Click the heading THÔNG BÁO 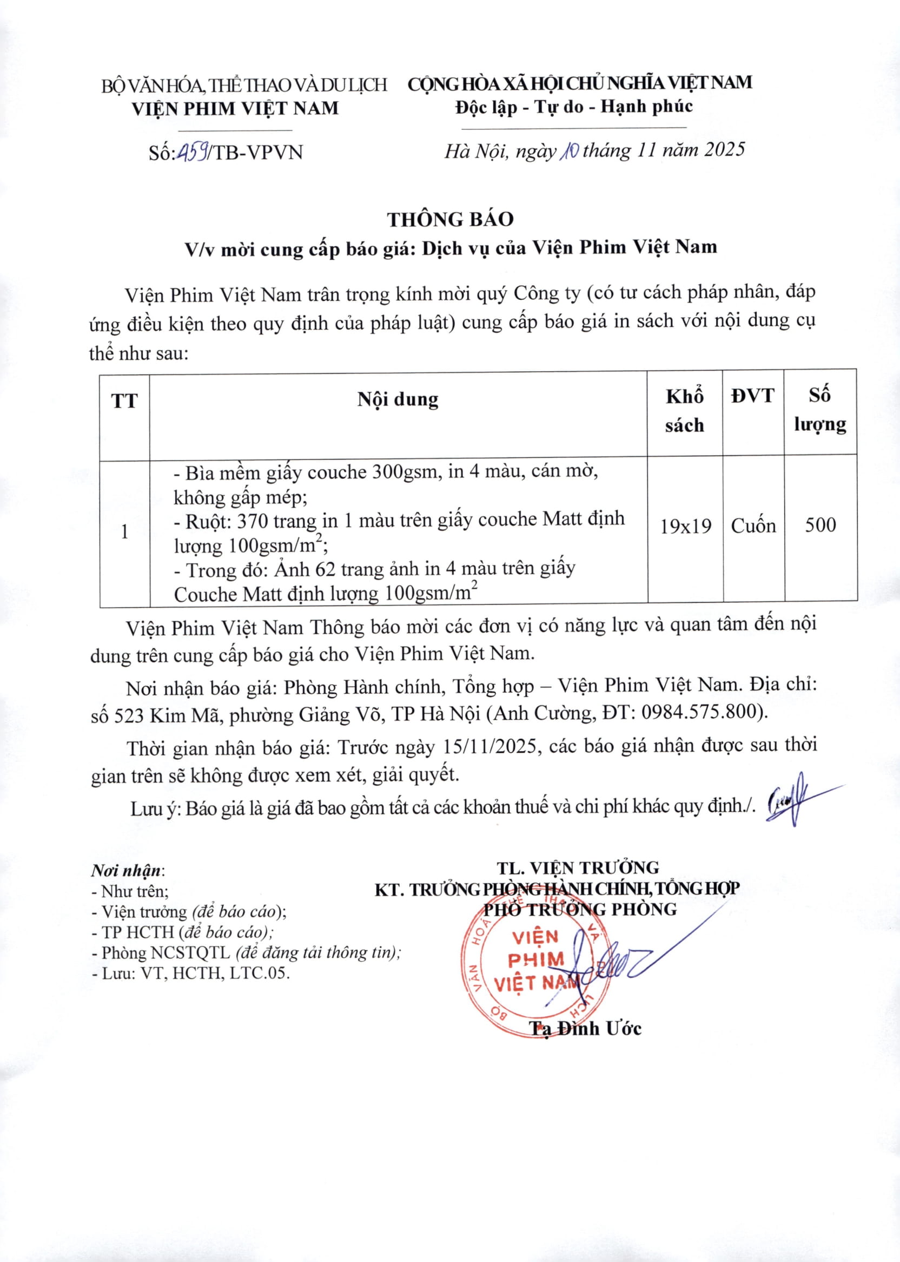[450, 220]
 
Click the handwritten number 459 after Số [193, 151]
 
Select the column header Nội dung [398, 399]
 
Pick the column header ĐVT [752, 396]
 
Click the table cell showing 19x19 [685, 525]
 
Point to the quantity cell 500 [820, 524]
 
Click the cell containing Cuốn [753, 525]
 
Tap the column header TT [124, 401]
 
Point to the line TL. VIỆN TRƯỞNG [578, 868]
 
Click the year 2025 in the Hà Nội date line [724, 150]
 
